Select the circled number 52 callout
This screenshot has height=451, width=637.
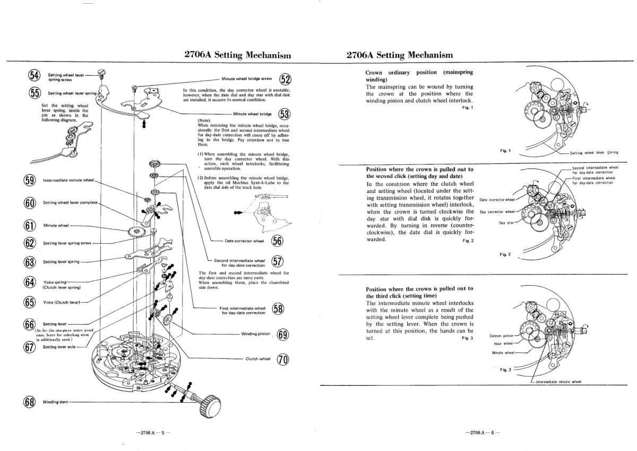[285, 79]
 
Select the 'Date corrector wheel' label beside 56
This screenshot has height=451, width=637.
[244, 241]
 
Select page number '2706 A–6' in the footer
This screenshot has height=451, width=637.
[479, 433]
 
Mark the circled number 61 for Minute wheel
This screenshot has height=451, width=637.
[30, 225]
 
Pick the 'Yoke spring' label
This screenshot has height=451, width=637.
[54, 282]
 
